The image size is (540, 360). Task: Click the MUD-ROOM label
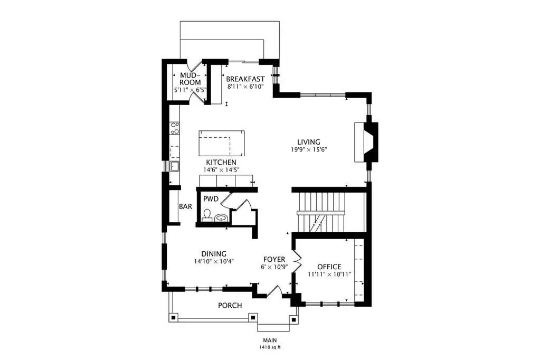tap(190, 79)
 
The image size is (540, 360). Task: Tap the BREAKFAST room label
tap(245, 79)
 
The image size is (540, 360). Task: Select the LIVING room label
tap(309, 141)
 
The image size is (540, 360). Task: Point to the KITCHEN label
tap(221, 162)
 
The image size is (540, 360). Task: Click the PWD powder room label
tap(211, 199)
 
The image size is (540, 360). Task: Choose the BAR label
tap(185, 207)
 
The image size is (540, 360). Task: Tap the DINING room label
tap(214, 254)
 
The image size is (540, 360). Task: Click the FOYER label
tap(274, 259)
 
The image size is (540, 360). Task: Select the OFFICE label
tap(329, 267)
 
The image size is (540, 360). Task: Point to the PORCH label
tap(230, 305)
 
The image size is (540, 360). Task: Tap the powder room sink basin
tap(221, 217)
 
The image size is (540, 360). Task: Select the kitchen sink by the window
tap(174, 166)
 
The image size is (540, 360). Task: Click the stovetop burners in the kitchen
tap(175, 128)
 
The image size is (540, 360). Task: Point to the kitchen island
tap(222, 143)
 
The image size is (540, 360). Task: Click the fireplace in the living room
tap(366, 142)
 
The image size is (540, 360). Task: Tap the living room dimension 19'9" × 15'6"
tap(308, 150)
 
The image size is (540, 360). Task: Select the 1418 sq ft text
tap(270, 347)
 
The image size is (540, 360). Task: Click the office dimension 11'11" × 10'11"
tap(329, 274)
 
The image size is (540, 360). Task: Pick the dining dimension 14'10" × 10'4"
tap(214, 261)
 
